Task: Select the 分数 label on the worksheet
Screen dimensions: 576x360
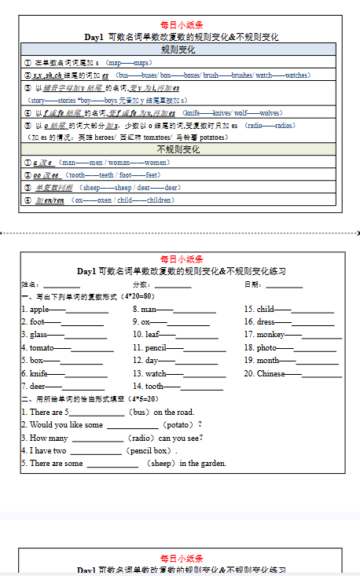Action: pos(141,284)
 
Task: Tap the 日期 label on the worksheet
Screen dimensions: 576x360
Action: pos(253,284)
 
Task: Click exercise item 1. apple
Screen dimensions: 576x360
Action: pos(35,310)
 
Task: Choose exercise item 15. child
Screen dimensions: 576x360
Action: pos(260,310)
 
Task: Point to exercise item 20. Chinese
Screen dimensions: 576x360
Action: pos(265,374)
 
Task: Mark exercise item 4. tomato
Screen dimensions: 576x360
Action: pos(39,348)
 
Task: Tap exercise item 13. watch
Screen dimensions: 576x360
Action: pos(150,374)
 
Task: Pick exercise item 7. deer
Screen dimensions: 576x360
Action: pos(35,387)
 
